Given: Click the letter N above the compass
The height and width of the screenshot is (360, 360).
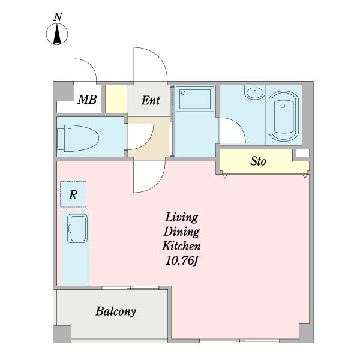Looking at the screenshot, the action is [x=58, y=17].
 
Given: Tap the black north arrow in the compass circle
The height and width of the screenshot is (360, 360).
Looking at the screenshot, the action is [x=57, y=34].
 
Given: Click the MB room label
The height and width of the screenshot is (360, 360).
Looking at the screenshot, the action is [x=87, y=100].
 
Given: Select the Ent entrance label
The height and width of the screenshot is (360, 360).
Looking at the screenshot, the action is [x=151, y=100].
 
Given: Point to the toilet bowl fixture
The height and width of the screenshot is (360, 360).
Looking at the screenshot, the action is [x=78, y=138].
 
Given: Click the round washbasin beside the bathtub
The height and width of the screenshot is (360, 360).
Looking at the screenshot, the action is [x=255, y=92].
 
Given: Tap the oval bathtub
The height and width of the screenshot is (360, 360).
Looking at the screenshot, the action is [x=284, y=116].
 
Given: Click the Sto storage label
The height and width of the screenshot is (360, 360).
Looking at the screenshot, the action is [x=258, y=161].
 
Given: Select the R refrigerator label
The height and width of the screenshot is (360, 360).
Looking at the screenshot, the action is [x=73, y=194].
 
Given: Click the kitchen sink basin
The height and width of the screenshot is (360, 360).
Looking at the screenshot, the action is [x=77, y=229].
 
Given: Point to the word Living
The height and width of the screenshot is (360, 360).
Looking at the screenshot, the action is [x=181, y=217].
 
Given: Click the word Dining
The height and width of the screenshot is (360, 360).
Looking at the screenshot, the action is [x=181, y=232].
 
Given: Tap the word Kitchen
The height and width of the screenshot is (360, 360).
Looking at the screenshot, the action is [x=181, y=246].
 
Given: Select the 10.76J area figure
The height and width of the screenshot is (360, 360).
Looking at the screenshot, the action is [x=181, y=260].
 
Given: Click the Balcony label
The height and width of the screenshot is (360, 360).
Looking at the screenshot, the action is [x=115, y=311].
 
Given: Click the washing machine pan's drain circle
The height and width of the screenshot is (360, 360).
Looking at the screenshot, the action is [x=183, y=93].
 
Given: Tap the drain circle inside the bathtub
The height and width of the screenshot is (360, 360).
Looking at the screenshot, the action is [x=283, y=106].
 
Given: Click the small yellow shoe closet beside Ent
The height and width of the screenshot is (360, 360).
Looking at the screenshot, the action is [x=116, y=99].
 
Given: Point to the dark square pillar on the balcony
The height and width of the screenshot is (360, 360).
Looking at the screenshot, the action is [x=62, y=334].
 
